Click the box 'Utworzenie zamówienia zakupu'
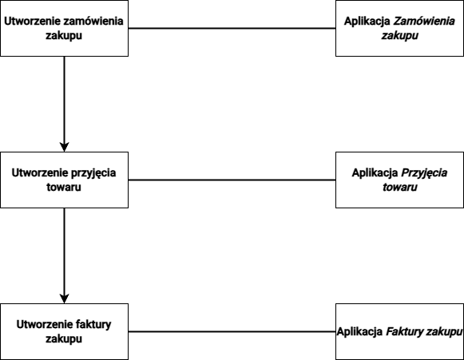click(64, 28)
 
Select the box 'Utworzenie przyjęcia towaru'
click(64, 180)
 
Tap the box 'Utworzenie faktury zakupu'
click(64, 331)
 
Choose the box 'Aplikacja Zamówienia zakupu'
click(399, 28)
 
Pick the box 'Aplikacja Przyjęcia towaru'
click(399, 180)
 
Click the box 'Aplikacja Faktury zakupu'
click(399, 331)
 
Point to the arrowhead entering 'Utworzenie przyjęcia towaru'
click(64, 147)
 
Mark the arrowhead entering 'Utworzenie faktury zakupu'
click(64, 299)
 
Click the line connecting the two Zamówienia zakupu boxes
click(232, 29)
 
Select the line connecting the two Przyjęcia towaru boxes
click(232, 180)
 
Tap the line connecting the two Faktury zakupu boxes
click(232, 331)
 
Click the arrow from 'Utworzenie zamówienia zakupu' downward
click(64, 104)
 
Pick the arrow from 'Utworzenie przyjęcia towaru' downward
click(64, 255)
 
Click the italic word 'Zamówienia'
click(424, 22)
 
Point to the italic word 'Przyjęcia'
click(424, 173)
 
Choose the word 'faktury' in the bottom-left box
click(93, 325)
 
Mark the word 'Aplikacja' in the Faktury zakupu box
click(359, 332)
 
